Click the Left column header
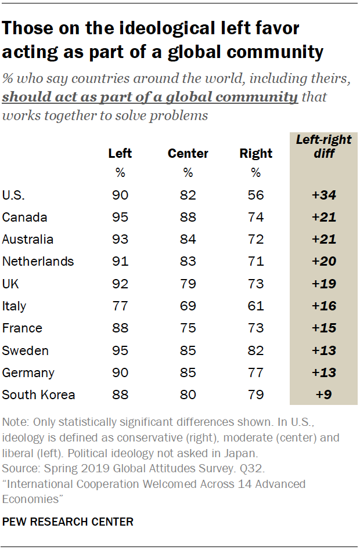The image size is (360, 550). coord(120,154)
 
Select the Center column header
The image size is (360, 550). coord(188,154)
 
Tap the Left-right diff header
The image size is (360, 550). coord(323,147)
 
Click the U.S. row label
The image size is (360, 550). coord(15,196)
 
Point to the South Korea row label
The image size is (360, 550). coord(38,395)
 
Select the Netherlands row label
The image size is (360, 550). coord(38,262)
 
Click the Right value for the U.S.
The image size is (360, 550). coord(255,196)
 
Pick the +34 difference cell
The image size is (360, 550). coord(323,196)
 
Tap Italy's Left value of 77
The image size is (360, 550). coord(120,306)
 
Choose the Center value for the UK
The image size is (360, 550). coord(188,284)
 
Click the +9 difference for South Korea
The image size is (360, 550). coord(323,395)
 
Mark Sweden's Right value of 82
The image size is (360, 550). coord(255,351)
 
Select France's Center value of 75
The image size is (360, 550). coord(188,328)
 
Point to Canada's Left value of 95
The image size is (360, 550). coord(120,218)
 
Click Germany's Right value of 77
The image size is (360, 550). coord(255,373)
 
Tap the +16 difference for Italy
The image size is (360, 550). coord(323,306)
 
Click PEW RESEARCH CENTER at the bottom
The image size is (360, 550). coord(68,522)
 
